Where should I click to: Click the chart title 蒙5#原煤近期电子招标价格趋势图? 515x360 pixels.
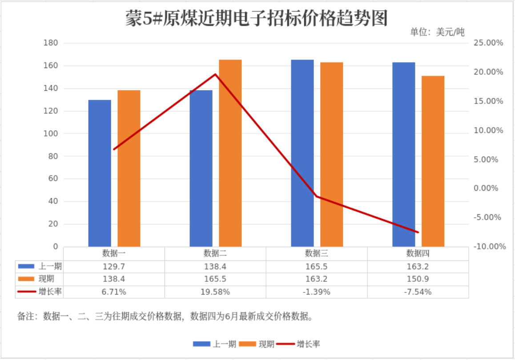257,18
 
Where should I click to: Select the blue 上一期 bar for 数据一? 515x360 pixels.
100,173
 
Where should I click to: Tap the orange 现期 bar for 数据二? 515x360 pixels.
230,153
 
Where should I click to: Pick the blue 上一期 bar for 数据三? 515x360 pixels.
302,153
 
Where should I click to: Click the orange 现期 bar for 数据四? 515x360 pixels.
433,161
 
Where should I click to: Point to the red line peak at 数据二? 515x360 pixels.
215,74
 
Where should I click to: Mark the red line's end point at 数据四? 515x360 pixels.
418,232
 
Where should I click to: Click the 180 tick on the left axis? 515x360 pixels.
51,43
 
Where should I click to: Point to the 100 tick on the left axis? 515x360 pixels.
51,134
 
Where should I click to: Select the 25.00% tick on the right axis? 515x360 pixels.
488,43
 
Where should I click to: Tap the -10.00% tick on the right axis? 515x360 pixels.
489,247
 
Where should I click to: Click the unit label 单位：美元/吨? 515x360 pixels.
437,32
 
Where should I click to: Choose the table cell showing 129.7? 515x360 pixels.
114,267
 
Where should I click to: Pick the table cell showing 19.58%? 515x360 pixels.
215,292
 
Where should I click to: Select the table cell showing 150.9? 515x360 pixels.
418,279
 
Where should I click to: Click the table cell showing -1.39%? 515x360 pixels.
316,292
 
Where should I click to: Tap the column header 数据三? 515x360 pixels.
316,253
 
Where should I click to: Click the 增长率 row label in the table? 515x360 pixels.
50,292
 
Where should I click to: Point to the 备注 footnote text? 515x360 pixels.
165,316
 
